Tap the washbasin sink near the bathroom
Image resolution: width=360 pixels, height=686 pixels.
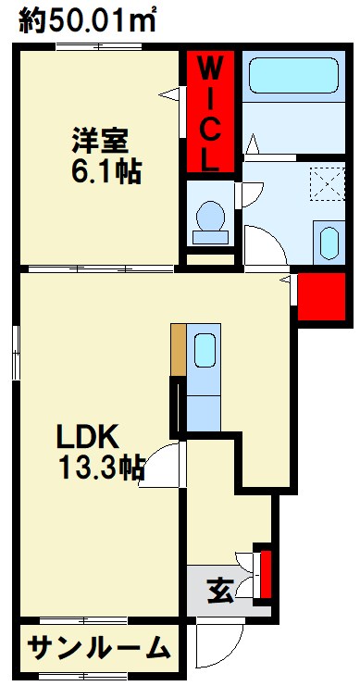[329, 243]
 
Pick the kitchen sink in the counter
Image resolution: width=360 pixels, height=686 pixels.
[205, 351]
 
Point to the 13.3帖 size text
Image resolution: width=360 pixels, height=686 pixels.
[101, 468]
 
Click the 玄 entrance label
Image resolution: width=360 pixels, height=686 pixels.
[217, 588]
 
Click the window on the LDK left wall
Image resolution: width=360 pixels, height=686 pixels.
[16, 352]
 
